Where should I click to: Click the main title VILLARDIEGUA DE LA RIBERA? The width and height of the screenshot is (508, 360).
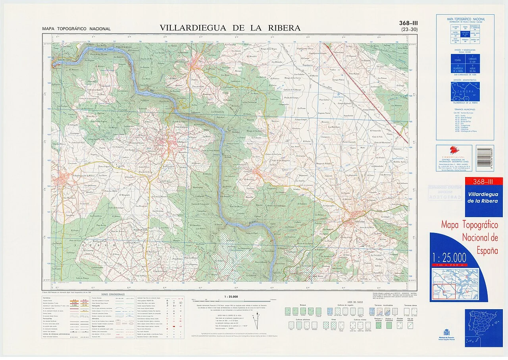click(x=230, y=28)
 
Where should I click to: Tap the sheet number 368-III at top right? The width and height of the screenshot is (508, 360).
click(x=408, y=23)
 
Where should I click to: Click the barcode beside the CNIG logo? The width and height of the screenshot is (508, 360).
click(x=485, y=158)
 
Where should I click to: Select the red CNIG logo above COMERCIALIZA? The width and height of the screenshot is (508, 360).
click(x=454, y=150)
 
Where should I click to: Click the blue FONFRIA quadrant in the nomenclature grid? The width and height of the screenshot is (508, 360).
click(x=458, y=59)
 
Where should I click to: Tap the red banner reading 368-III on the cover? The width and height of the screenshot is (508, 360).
click(x=483, y=182)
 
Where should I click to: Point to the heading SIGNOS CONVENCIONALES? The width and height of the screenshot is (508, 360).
click(x=113, y=295)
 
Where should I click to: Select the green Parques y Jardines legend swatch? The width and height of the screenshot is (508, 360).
click(x=378, y=325)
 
